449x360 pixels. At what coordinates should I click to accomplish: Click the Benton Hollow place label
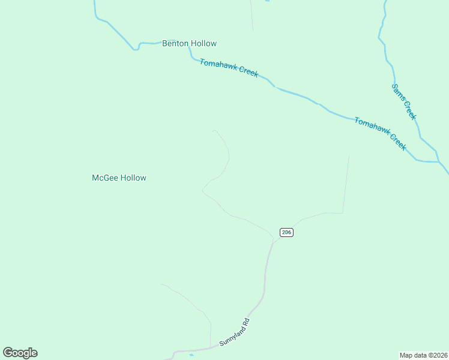[189, 43]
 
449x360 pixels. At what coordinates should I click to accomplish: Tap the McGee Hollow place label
[119, 178]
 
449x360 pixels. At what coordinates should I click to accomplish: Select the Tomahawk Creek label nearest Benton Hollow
[229, 67]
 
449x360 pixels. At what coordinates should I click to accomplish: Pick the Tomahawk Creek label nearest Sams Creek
[380, 133]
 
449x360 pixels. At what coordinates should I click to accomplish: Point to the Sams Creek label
[404, 101]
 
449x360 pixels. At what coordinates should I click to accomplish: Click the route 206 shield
[286, 232]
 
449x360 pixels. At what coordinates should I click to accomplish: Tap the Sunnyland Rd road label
[234, 332]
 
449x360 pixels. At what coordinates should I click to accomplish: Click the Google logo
[20, 353]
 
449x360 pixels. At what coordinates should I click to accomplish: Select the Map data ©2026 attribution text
[423, 355]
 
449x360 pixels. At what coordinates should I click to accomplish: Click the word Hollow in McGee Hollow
[133, 178]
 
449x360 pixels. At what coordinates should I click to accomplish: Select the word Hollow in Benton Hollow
[204, 43]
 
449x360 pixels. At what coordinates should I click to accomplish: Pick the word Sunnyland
[231, 335]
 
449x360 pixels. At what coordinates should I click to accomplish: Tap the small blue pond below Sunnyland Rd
[191, 355]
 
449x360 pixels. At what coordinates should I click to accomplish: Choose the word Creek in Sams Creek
[410, 110]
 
